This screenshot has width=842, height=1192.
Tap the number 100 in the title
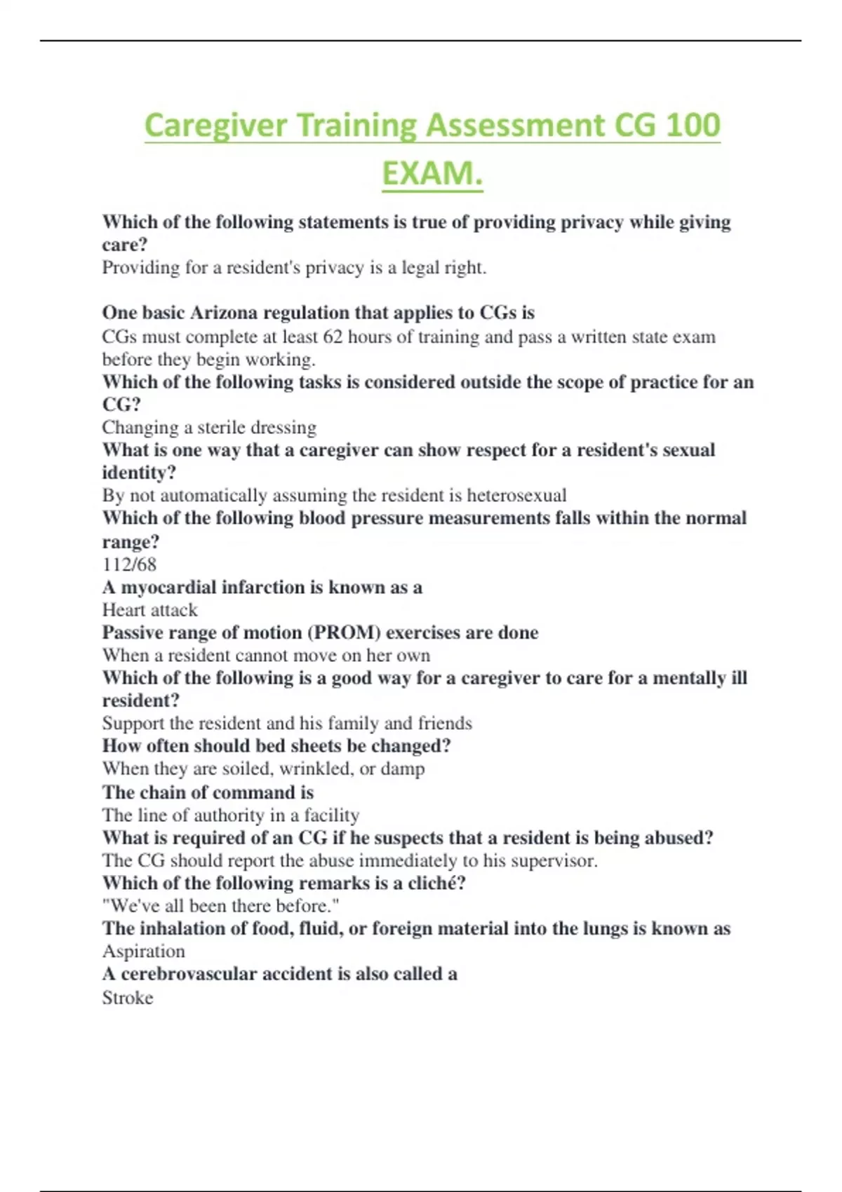point(692,126)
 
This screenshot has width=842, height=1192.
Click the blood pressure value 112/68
point(129,564)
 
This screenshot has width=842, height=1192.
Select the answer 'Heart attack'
point(149,610)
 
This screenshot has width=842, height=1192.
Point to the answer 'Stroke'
point(127,997)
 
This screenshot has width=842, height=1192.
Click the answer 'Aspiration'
point(144,951)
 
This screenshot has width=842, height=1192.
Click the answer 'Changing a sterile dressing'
point(209,427)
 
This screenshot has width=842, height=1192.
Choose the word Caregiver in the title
point(215,126)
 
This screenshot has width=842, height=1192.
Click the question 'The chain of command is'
point(208,792)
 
